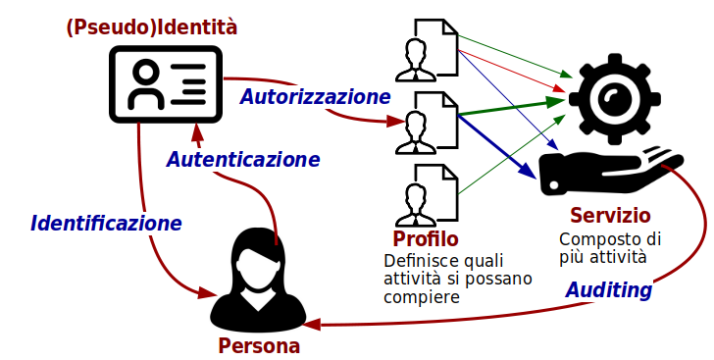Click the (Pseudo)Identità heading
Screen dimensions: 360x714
pyautogui.click(x=151, y=28)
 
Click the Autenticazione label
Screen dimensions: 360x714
pyautogui.click(x=242, y=159)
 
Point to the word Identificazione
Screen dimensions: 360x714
pyautogui.click(x=106, y=223)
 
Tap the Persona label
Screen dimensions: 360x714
pyautogui.click(x=259, y=345)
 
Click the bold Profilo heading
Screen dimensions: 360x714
pyautogui.click(x=426, y=238)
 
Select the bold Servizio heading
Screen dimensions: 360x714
pyautogui.click(x=610, y=215)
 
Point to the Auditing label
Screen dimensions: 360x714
pyautogui.click(x=609, y=290)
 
